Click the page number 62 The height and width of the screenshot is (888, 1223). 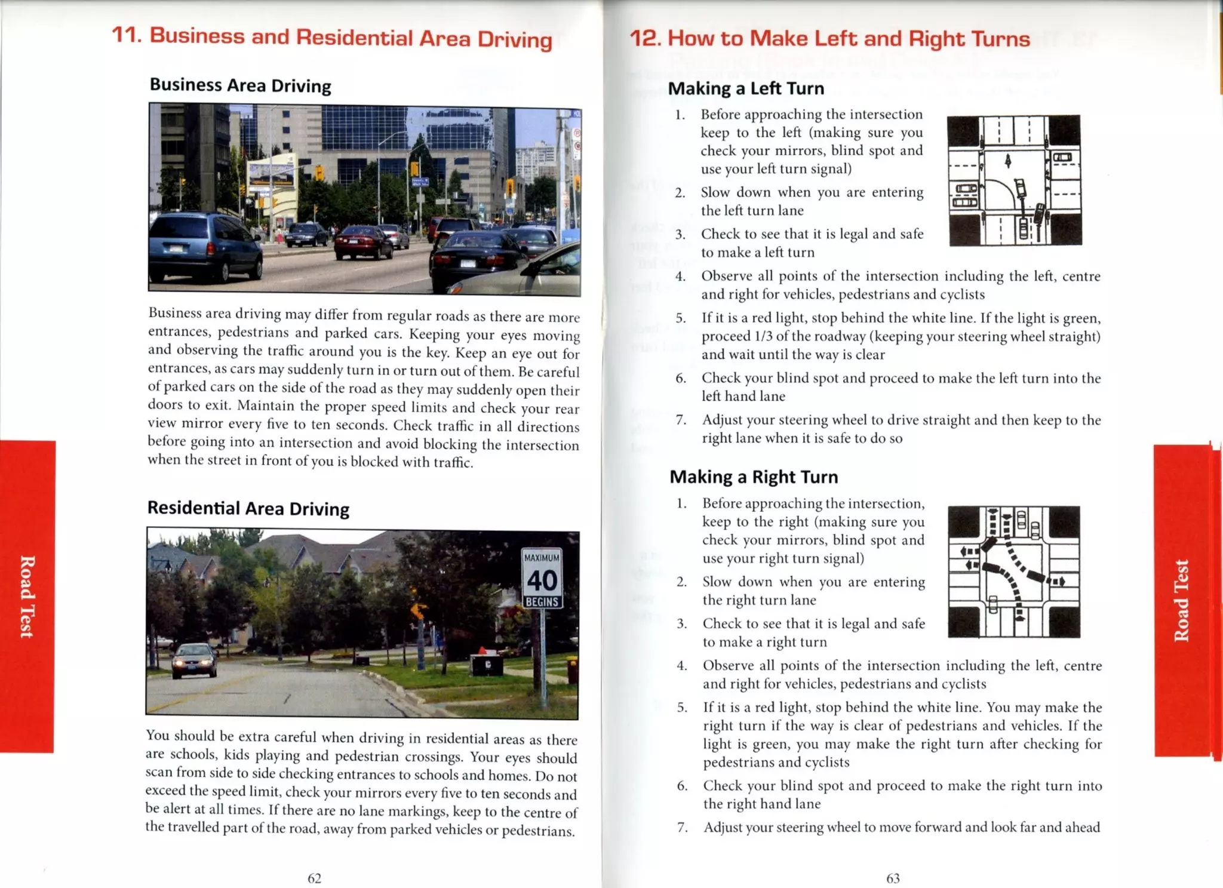(314, 878)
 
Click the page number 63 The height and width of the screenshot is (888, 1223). (893, 878)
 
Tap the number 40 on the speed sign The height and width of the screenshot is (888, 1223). (542, 580)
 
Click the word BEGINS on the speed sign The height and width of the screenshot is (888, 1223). (542, 602)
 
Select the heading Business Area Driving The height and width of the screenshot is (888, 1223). (240, 85)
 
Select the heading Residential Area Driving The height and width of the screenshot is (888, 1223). (248, 508)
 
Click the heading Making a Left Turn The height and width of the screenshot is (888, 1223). (746, 88)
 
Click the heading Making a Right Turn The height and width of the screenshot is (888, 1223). (754, 477)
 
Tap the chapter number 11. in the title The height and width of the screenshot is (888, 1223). (127, 35)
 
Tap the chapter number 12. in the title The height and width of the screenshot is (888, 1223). (645, 38)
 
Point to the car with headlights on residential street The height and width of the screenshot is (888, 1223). (194, 660)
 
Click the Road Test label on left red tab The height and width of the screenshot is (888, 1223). (27, 597)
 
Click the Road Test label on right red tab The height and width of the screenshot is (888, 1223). (1181, 600)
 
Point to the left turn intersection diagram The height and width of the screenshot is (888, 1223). (1014, 180)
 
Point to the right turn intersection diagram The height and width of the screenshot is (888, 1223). (1013, 572)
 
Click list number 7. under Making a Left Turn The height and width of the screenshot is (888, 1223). (681, 420)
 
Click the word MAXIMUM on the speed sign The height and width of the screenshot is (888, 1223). (542, 557)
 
